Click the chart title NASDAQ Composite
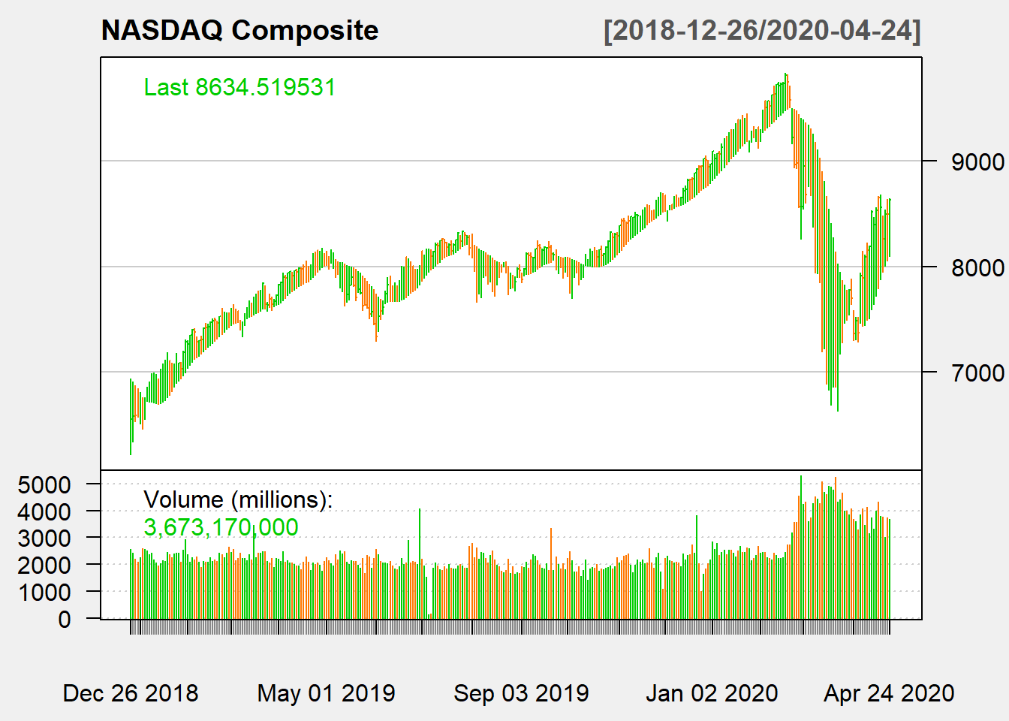239,31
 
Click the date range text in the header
762,31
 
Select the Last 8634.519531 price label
239,87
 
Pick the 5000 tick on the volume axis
44,484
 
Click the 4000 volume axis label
44,511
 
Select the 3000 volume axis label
44,538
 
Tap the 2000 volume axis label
44,565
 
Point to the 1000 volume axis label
44,592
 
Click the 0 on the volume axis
65,619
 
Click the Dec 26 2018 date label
131,692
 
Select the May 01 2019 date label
326,692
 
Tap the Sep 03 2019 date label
521,692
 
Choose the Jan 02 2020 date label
712,692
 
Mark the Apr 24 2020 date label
889,692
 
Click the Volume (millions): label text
237,499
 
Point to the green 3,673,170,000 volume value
221,527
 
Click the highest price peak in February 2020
786,75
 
